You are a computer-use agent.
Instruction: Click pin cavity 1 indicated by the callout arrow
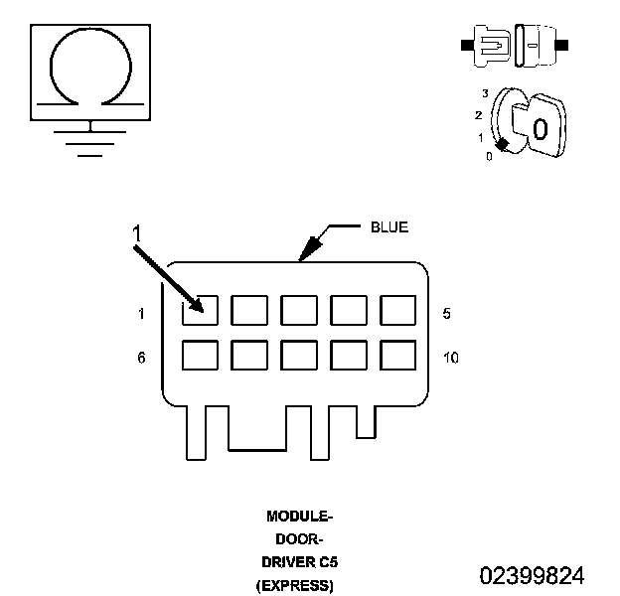pyautogui.click(x=200, y=310)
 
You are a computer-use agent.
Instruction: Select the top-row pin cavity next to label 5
pyautogui.click(x=397, y=310)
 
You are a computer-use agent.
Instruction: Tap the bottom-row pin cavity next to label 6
pyautogui.click(x=200, y=355)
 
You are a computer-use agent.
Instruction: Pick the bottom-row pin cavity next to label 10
pyautogui.click(x=397, y=355)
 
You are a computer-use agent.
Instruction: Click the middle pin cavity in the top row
pyautogui.click(x=298, y=310)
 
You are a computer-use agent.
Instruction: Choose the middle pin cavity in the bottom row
pyautogui.click(x=298, y=355)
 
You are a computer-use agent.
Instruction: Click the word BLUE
pyautogui.click(x=388, y=227)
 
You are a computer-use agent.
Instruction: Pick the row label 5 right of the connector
pyautogui.click(x=447, y=314)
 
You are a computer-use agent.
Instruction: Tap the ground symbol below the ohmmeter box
pyautogui.click(x=90, y=139)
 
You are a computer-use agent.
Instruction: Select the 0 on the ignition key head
pyautogui.click(x=540, y=129)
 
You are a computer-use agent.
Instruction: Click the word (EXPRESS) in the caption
pyautogui.click(x=295, y=585)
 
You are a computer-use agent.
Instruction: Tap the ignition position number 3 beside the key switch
pyautogui.click(x=484, y=92)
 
